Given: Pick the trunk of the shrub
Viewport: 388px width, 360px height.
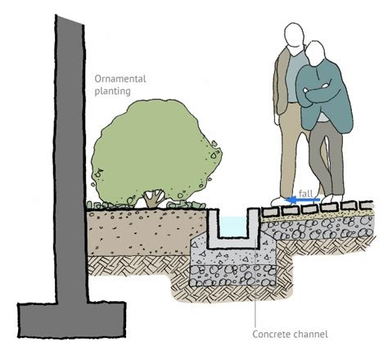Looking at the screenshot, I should point(152,197).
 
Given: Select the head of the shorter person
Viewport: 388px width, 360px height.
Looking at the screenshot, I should point(318,55).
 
